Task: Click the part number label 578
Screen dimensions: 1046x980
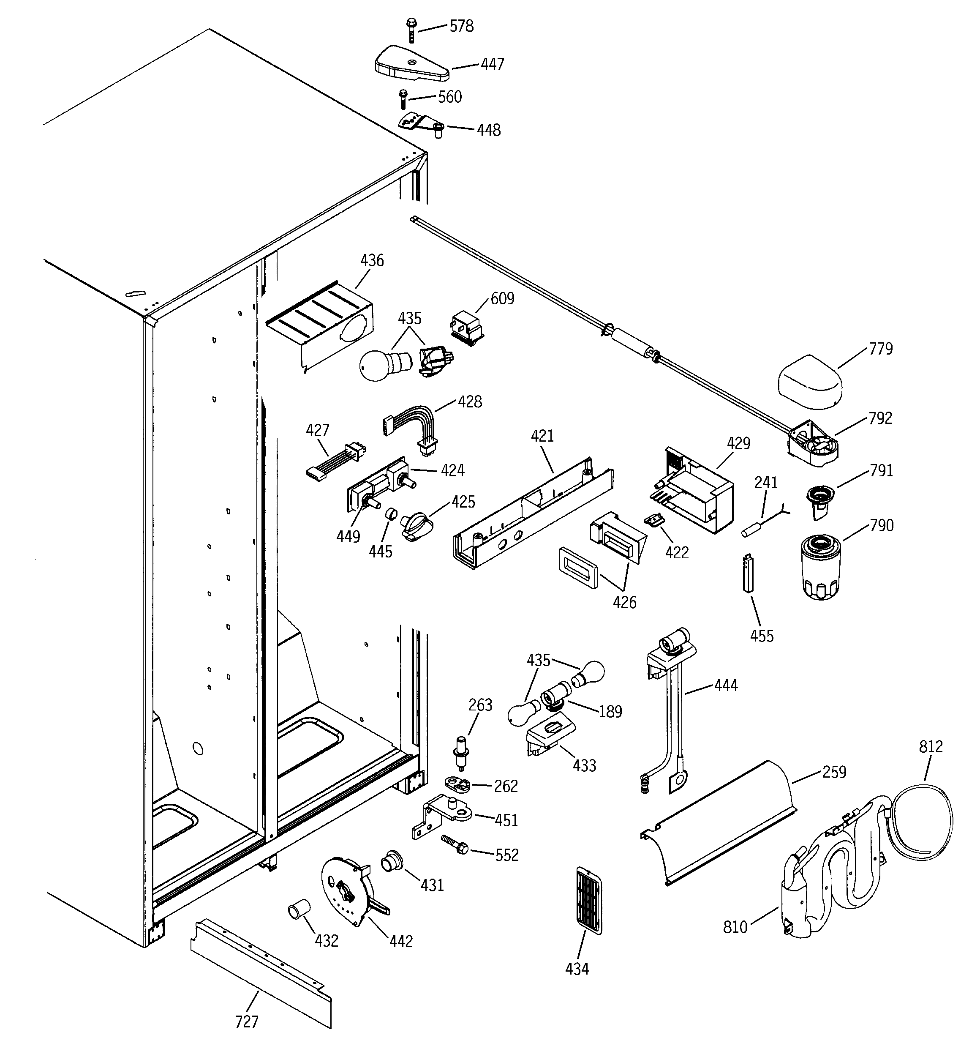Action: [461, 26]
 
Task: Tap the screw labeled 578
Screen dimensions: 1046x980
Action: [411, 30]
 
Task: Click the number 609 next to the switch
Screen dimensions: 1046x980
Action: [502, 299]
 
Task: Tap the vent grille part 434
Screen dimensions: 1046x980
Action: [588, 901]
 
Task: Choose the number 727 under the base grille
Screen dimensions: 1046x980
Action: [246, 1022]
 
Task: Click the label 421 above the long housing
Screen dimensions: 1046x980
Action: [542, 436]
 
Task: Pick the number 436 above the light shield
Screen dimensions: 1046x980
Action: [372, 260]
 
